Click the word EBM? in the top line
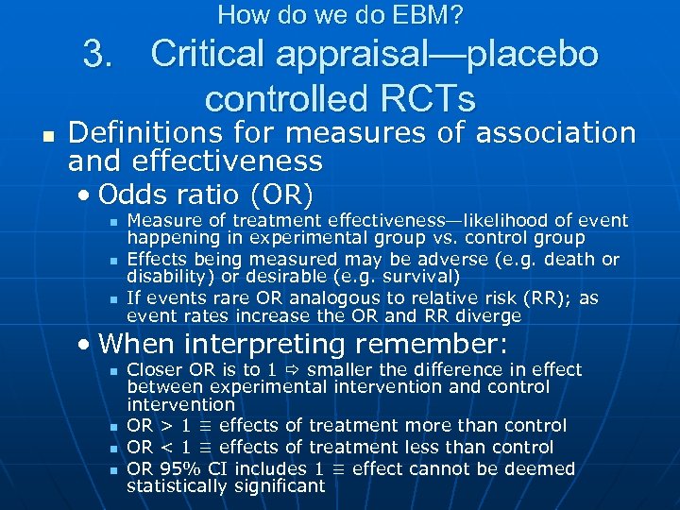click(429, 15)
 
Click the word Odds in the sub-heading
click(131, 195)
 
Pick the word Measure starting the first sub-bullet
click(161, 221)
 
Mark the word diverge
click(488, 316)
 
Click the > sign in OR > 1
click(164, 427)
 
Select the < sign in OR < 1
click(164, 448)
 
